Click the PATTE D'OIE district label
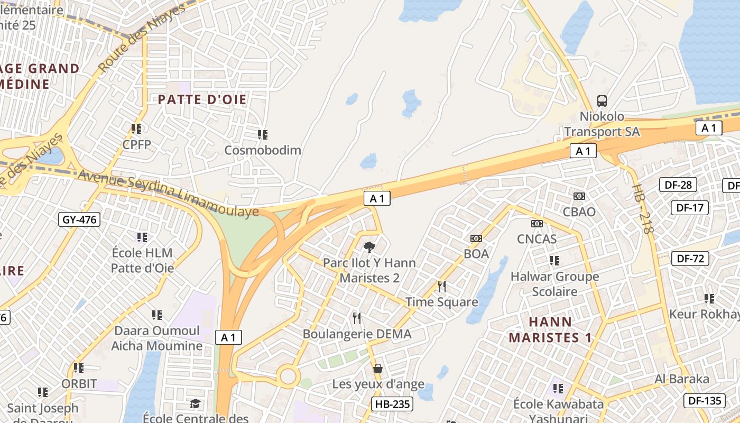[202, 99]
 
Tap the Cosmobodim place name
[263, 150]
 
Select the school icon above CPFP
[136, 128]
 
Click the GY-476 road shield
[80, 219]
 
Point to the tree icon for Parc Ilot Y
[369, 246]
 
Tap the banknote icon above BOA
[476, 238]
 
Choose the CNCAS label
[536, 239]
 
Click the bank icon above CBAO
[579, 196]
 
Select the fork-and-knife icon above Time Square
[442, 287]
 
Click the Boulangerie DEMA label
[357, 334]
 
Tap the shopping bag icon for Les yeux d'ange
[378, 368]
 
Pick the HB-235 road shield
[392, 404]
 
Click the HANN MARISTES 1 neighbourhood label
[550, 329]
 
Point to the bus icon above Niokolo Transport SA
[602, 100]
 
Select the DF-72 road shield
[690, 259]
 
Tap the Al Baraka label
[682, 379]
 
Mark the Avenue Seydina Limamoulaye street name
[168, 194]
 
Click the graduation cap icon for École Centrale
[196, 404]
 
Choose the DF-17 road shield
[690, 208]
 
